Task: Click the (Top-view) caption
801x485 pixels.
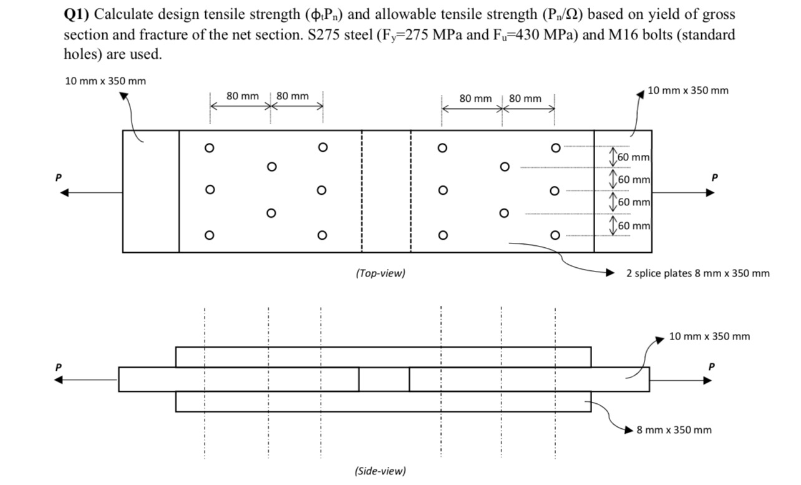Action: click(x=380, y=273)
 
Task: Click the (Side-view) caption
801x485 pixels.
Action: click(x=380, y=471)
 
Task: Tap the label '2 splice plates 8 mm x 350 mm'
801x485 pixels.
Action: click(x=697, y=273)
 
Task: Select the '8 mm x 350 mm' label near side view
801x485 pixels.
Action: click(x=674, y=429)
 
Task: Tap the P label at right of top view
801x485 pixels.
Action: click(x=715, y=177)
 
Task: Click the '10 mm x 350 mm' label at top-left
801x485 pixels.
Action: click(x=105, y=81)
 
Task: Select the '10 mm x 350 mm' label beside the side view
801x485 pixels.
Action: click(x=709, y=336)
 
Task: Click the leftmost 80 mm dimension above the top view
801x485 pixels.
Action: click(x=242, y=96)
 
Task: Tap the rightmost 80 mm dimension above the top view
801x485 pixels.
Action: click(x=525, y=99)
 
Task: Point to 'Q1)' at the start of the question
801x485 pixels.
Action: click(x=77, y=15)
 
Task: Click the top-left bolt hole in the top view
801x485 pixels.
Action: click(x=210, y=148)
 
